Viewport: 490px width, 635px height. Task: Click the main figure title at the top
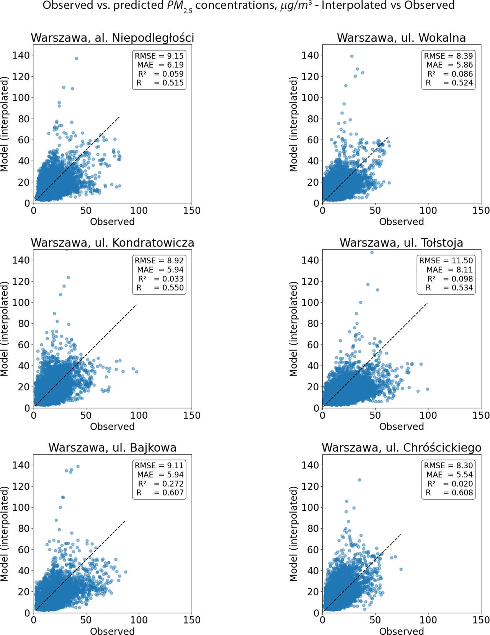248,6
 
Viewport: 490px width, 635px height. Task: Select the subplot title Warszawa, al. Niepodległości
112,38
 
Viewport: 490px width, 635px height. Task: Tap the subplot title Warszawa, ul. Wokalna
401,38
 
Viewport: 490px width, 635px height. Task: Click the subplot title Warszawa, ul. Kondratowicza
112,243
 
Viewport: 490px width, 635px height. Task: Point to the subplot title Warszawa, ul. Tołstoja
401,243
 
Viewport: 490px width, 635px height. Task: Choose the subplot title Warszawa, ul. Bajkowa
112,448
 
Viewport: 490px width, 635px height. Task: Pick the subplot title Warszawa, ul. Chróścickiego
401,448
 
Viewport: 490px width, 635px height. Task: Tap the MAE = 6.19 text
160,65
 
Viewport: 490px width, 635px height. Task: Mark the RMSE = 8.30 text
448,466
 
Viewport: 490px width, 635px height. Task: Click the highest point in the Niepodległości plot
77,58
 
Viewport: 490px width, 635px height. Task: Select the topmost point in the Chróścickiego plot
359,480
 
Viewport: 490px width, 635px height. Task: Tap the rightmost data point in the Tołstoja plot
428,389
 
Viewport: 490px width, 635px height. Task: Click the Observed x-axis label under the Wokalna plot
401,222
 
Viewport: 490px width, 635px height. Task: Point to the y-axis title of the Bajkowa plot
5,533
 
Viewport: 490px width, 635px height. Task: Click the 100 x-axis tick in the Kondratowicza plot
139,415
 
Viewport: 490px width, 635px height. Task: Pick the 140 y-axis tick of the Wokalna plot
310,55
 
